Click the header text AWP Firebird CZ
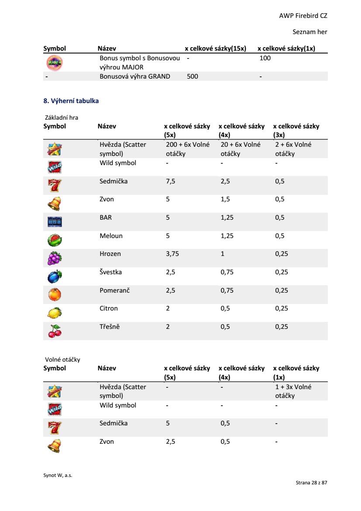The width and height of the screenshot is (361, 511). (x=303, y=16)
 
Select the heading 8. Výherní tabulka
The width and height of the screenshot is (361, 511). (x=71, y=101)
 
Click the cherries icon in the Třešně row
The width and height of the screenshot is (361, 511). (x=55, y=331)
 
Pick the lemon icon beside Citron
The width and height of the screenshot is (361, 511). (x=55, y=313)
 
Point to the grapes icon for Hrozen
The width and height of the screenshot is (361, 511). (x=55, y=258)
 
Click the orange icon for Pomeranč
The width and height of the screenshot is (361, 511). (x=55, y=295)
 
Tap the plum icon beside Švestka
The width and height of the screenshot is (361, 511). (x=55, y=276)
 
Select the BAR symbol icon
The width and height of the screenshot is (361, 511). (x=55, y=222)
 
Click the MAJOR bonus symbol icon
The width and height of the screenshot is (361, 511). (x=55, y=63)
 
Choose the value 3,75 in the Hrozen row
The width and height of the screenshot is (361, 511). (x=172, y=254)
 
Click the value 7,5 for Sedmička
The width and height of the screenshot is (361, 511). (x=171, y=181)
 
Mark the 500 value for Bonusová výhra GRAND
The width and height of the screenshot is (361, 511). (x=192, y=76)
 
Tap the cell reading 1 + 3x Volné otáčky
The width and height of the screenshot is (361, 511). (x=293, y=391)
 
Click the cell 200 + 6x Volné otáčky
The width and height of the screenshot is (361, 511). (x=188, y=149)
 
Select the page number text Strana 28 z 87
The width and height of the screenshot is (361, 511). (x=311, y=483)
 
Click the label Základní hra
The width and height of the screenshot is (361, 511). (x=62, y=117)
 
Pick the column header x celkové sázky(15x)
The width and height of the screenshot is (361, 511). (x=216, y=48)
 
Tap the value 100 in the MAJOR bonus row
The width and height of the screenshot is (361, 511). (x=265, y=58)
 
